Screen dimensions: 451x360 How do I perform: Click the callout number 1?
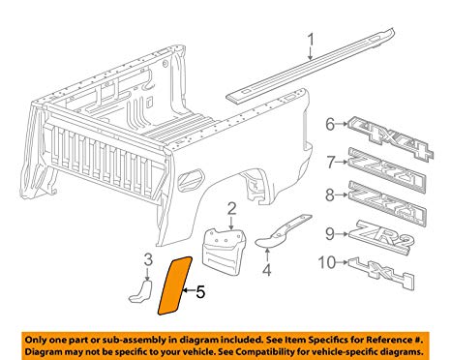(311, 40)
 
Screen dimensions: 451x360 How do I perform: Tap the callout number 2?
(231, 209)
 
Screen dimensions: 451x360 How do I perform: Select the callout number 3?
(148, 259)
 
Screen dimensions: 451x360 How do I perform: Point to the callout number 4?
(267, 270)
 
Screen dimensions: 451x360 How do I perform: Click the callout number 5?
(200, 292)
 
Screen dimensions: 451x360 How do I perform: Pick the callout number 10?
(327, 262)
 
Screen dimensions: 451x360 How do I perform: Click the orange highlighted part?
(174, 285)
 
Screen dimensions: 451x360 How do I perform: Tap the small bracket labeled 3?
(141, 291)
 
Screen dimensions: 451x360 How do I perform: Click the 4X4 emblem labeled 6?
(390, 138)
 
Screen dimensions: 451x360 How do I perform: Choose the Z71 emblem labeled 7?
(387, 171)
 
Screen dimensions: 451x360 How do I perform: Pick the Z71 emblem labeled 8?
(387, 203)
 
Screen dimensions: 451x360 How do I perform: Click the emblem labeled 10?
(381, 273)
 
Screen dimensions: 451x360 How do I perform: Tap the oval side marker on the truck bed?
(191, 179)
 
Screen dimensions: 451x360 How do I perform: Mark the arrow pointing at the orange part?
(189, 291)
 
